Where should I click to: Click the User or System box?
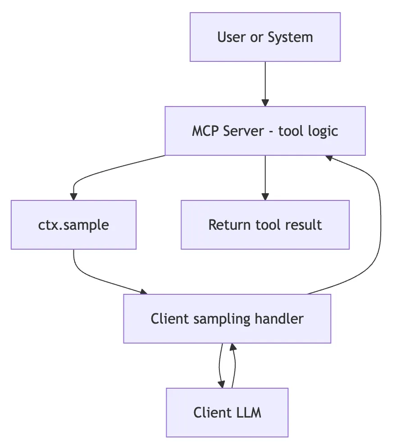pyautogui.click(x=265, y=37)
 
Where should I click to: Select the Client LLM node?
pyautogui.click(x=227, y=412)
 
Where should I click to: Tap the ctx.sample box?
pyautogui.click(x=73, y=225)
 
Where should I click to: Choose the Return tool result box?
pyautogui.click(x=265, y=225)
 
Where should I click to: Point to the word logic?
pyautogui.click(x=323, y=131)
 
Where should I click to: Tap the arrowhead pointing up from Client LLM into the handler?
pyautogui.click(x=233, y=347)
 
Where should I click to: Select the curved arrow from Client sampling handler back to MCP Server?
pyautogui.click(x=380, y=226)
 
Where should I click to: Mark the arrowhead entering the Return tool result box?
pyautogui.click(x=265, y=197)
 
